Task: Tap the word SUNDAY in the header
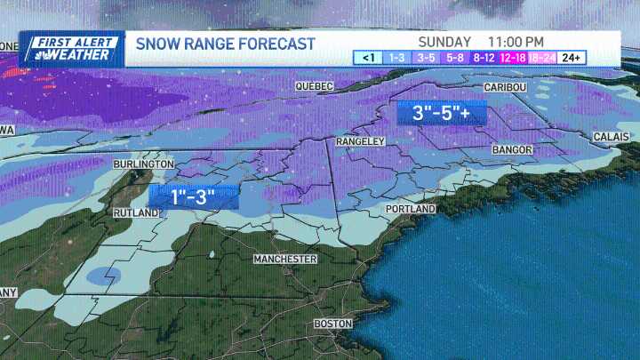point(444,42)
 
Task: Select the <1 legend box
point(367,58)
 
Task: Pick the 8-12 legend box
point(485,58)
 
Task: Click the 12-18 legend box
point(514,58)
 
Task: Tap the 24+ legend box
point(572,58)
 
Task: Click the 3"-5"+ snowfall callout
point(440,113)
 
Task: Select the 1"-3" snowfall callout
point(194,197)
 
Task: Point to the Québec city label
point(313,86)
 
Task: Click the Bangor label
point(510,150)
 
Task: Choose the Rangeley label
point(360,141)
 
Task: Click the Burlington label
point(143,165)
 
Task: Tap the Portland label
point(410,208)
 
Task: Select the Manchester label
point(284,259)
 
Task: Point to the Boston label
point(333,324)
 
